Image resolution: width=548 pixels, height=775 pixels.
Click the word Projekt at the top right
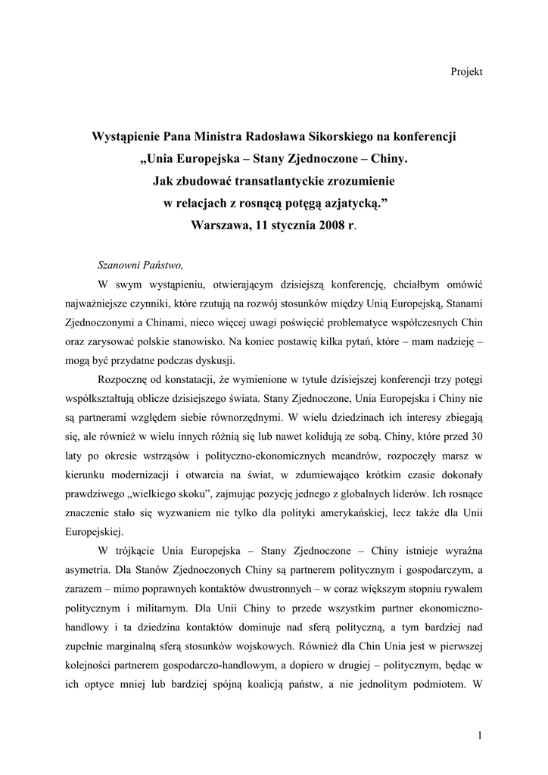pyautogui.click(x=466, y=71)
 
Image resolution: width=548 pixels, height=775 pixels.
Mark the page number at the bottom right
pyautogui.click(x=480, y=734)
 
